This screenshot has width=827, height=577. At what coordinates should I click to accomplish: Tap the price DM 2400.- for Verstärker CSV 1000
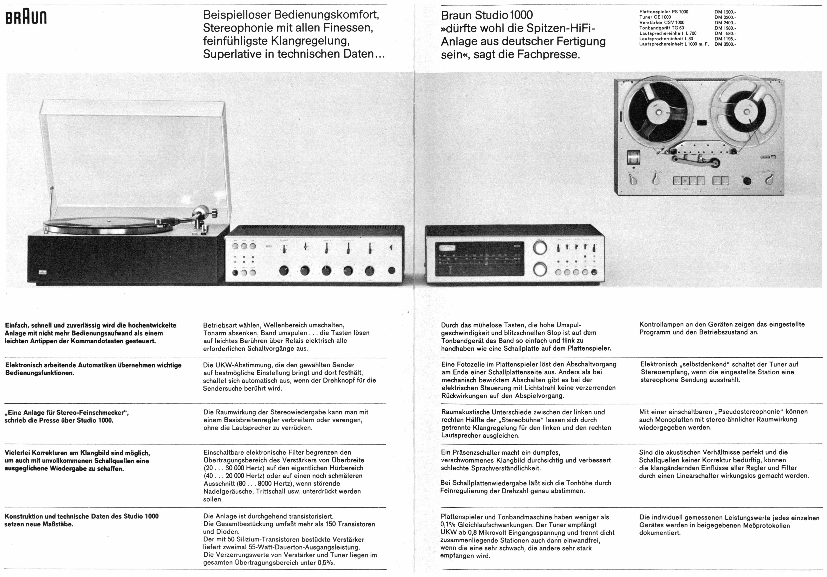(725, 22)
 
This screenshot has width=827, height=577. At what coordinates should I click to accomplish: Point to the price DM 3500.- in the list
(725, 44)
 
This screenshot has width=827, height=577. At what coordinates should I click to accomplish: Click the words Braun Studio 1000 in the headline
(487, 15)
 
